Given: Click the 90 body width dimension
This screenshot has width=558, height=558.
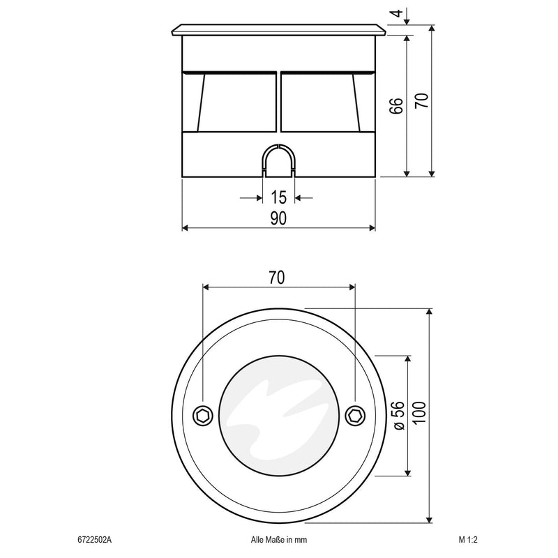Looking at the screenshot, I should click(x=278, y=219).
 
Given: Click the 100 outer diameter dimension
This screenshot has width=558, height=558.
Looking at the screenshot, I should click(x=418, y=416).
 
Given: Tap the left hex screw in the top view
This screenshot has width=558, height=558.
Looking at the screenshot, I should click(x=202, y=415).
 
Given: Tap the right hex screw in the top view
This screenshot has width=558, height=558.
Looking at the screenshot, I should click(x=355, y=415).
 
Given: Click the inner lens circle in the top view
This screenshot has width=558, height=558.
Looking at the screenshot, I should click(x=278, y=415).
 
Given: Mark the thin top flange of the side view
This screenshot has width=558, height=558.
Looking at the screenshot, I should click(x=278, y=31).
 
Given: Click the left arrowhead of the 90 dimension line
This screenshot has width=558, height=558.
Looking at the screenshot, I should click(x=186, y=228).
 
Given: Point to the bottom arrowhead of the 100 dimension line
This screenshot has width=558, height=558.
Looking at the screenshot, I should click(x=431, y=518).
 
